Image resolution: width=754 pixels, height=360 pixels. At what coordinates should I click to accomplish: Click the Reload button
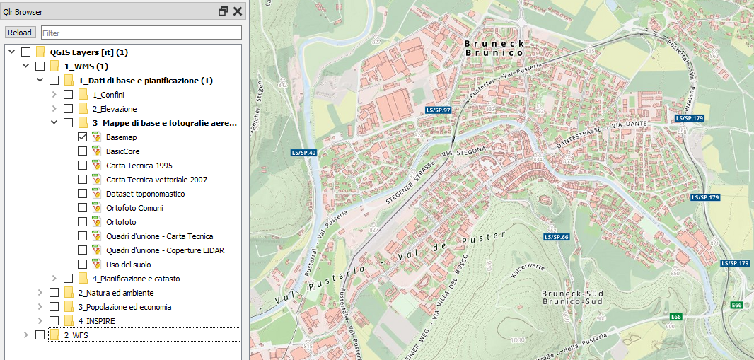coord(20,33)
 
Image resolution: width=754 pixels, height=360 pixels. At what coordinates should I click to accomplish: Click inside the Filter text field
coord(141,33)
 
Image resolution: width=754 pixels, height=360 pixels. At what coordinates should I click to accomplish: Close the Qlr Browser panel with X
coord(237,11)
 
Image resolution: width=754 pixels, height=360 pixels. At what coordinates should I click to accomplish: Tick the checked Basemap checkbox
coord(83,137)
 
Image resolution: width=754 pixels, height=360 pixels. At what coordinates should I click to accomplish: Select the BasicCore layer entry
coord(122,151)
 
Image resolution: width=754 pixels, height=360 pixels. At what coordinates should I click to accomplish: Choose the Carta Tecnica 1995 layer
coord(139,166)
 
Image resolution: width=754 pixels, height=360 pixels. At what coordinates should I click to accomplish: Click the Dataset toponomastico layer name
coord(146,194)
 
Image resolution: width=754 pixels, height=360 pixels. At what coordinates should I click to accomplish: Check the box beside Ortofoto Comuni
coord(83,208)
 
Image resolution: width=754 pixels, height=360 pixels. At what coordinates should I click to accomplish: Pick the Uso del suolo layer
coord(128,265)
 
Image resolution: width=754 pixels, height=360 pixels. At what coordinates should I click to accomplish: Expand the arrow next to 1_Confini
coord(54,95)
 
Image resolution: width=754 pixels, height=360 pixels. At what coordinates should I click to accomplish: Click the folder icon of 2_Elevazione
coord(83,109)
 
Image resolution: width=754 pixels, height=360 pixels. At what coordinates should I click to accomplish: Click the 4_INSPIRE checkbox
coord(54,321)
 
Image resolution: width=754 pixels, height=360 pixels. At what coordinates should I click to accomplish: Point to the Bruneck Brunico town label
coord(494,47)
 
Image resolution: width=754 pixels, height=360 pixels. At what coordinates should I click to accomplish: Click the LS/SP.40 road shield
coord(303,153)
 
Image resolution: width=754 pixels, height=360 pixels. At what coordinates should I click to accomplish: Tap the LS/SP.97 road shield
coord(439,111)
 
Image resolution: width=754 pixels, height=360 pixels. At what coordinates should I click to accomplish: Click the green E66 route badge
coord(736,305)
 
